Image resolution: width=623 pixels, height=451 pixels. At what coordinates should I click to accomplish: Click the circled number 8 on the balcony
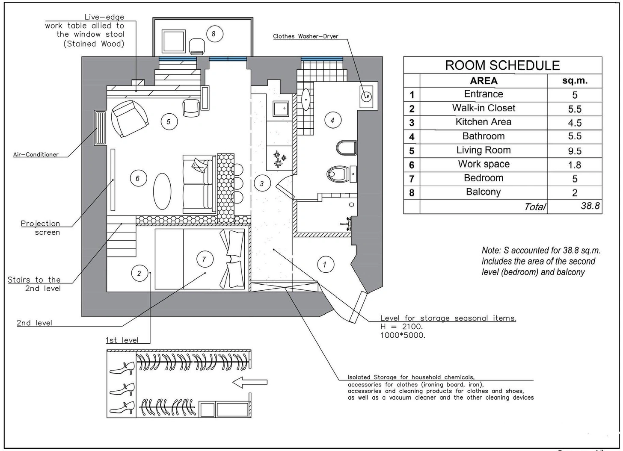pyautogui.click(x=214, y=33)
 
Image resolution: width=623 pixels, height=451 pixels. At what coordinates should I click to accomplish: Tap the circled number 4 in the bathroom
pyautogui.click(x=332, y=120)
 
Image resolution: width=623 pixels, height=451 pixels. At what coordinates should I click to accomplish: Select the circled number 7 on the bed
pyautogui.click(x=204, y=259)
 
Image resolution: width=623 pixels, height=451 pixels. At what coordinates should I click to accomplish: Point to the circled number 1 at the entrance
pyautogui.click(x=325, y=265)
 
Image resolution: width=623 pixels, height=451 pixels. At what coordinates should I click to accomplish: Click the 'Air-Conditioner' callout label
pyautogui.click(x=36, y=155)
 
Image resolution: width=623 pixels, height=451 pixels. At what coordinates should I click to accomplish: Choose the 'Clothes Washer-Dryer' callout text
pyautogui.click(x=306, y=36)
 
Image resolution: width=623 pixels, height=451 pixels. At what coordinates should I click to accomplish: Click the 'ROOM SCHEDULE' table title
pyautogui.click(x=502, y=65)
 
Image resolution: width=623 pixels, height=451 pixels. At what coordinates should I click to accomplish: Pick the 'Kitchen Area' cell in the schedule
pyautogui.click(x=484, y=122)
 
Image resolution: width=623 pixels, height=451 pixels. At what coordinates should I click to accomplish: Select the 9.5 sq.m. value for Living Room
pyautogui.click(x=575, y=151)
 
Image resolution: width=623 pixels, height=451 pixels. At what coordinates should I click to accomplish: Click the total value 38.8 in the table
pyautogui.click(x=590, y=206)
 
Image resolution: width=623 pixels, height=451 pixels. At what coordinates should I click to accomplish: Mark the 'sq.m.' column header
pyautogui.click(x=575, y=81)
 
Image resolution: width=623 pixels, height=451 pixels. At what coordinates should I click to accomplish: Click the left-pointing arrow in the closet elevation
pyautogui.click(x=250, y=382)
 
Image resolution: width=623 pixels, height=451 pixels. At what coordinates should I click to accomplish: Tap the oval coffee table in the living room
pyautogui.click(x=162, y=191)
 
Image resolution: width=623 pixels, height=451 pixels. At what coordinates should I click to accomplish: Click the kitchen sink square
pyautogui.click(x=281, y=109)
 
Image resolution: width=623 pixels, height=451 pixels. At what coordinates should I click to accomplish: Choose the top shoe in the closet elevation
pyautogui.click(x=122, y=367)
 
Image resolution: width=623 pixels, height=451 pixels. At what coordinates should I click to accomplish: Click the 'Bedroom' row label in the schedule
pyautogui.click(x=484, y=178)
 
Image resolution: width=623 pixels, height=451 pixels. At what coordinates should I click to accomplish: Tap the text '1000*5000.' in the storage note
pyautogui.click(x=403, y=336)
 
